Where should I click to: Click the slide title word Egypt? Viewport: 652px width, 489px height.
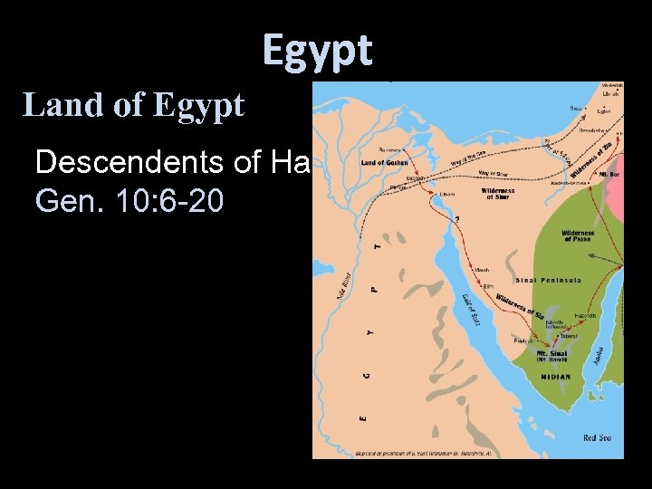[x=318, y=50]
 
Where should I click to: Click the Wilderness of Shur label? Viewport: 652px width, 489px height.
[x=498, y=194]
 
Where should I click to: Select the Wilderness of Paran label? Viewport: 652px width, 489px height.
[x=578, y=235]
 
